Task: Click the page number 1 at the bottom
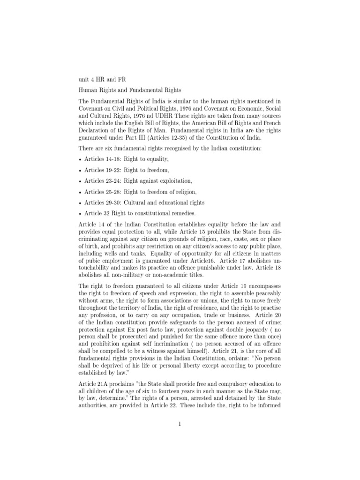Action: click(180, 425)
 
